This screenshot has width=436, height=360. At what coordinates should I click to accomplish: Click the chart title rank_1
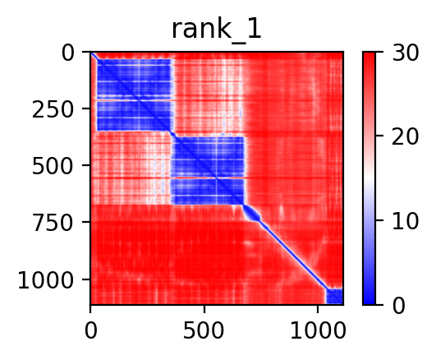[217, 30]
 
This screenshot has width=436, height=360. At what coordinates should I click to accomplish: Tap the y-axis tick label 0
[68, 53]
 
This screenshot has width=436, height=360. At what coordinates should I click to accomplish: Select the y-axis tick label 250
[53, 110]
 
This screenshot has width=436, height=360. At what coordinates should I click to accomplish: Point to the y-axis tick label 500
[53, 167]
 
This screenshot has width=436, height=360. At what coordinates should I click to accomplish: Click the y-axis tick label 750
[53, 224]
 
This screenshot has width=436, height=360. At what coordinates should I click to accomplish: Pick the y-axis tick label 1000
[46, 280]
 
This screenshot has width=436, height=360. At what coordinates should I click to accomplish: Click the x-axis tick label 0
[90, 330]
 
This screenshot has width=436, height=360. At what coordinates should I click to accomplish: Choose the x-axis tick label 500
[204, 330]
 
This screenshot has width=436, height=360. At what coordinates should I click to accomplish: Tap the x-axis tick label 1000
[318, 330]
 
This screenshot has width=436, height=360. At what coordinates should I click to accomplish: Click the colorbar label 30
[405, 53]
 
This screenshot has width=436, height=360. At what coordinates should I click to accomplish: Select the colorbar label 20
[405, 137]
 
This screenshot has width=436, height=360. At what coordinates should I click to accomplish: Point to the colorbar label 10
[405, 222]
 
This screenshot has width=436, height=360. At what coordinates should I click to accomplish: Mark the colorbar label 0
[399, 307]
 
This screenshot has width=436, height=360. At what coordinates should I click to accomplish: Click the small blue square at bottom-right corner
[334, 296]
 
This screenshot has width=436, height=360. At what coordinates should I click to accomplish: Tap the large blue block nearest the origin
[134, 95]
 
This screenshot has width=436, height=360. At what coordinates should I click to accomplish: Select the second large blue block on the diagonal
[208, 170]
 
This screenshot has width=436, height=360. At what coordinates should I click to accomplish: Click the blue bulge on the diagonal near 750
[252, 214]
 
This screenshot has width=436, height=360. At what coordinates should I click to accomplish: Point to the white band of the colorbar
[369, 178]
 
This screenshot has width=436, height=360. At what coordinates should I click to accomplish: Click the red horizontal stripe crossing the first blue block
[135, 99]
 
